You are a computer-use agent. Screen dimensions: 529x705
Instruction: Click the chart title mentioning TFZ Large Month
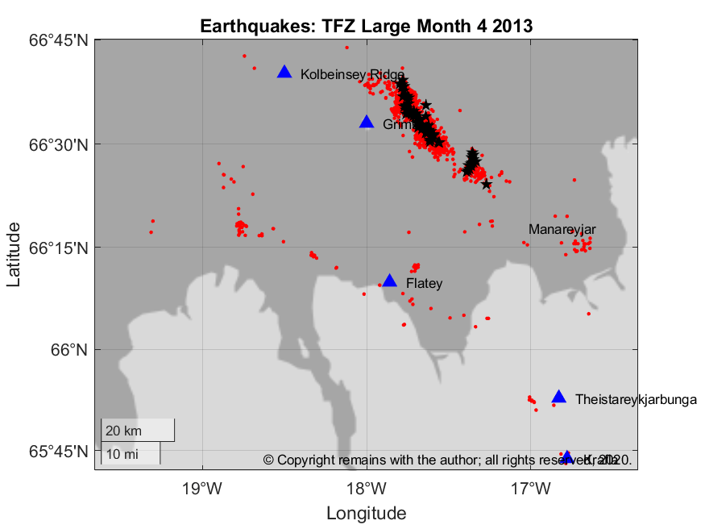(366, 26)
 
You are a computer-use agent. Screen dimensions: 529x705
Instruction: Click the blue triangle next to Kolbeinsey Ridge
(284, 73)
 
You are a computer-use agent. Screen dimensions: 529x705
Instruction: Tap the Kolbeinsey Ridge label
(352, 75)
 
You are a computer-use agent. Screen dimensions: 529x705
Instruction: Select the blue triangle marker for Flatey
(390, 281)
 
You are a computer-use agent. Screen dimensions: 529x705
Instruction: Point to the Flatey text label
(424, 284)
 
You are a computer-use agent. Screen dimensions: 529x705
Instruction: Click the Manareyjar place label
(562, 230)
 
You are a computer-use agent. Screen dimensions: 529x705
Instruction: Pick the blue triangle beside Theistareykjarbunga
(559, 397)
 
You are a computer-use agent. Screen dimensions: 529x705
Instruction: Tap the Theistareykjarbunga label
(636, 399)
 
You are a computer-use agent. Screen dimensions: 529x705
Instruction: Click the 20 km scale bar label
(123, 430)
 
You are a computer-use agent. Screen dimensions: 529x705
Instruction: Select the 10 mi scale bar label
(122, 454)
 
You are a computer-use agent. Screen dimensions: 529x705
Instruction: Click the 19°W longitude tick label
(202, 488)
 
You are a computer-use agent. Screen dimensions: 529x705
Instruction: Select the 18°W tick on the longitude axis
(367, 488)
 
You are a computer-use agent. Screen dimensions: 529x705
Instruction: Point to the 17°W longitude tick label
(531, 488)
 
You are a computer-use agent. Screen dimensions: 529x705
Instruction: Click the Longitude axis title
(366, 513)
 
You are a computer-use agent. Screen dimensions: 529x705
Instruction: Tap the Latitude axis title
(15, 255)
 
